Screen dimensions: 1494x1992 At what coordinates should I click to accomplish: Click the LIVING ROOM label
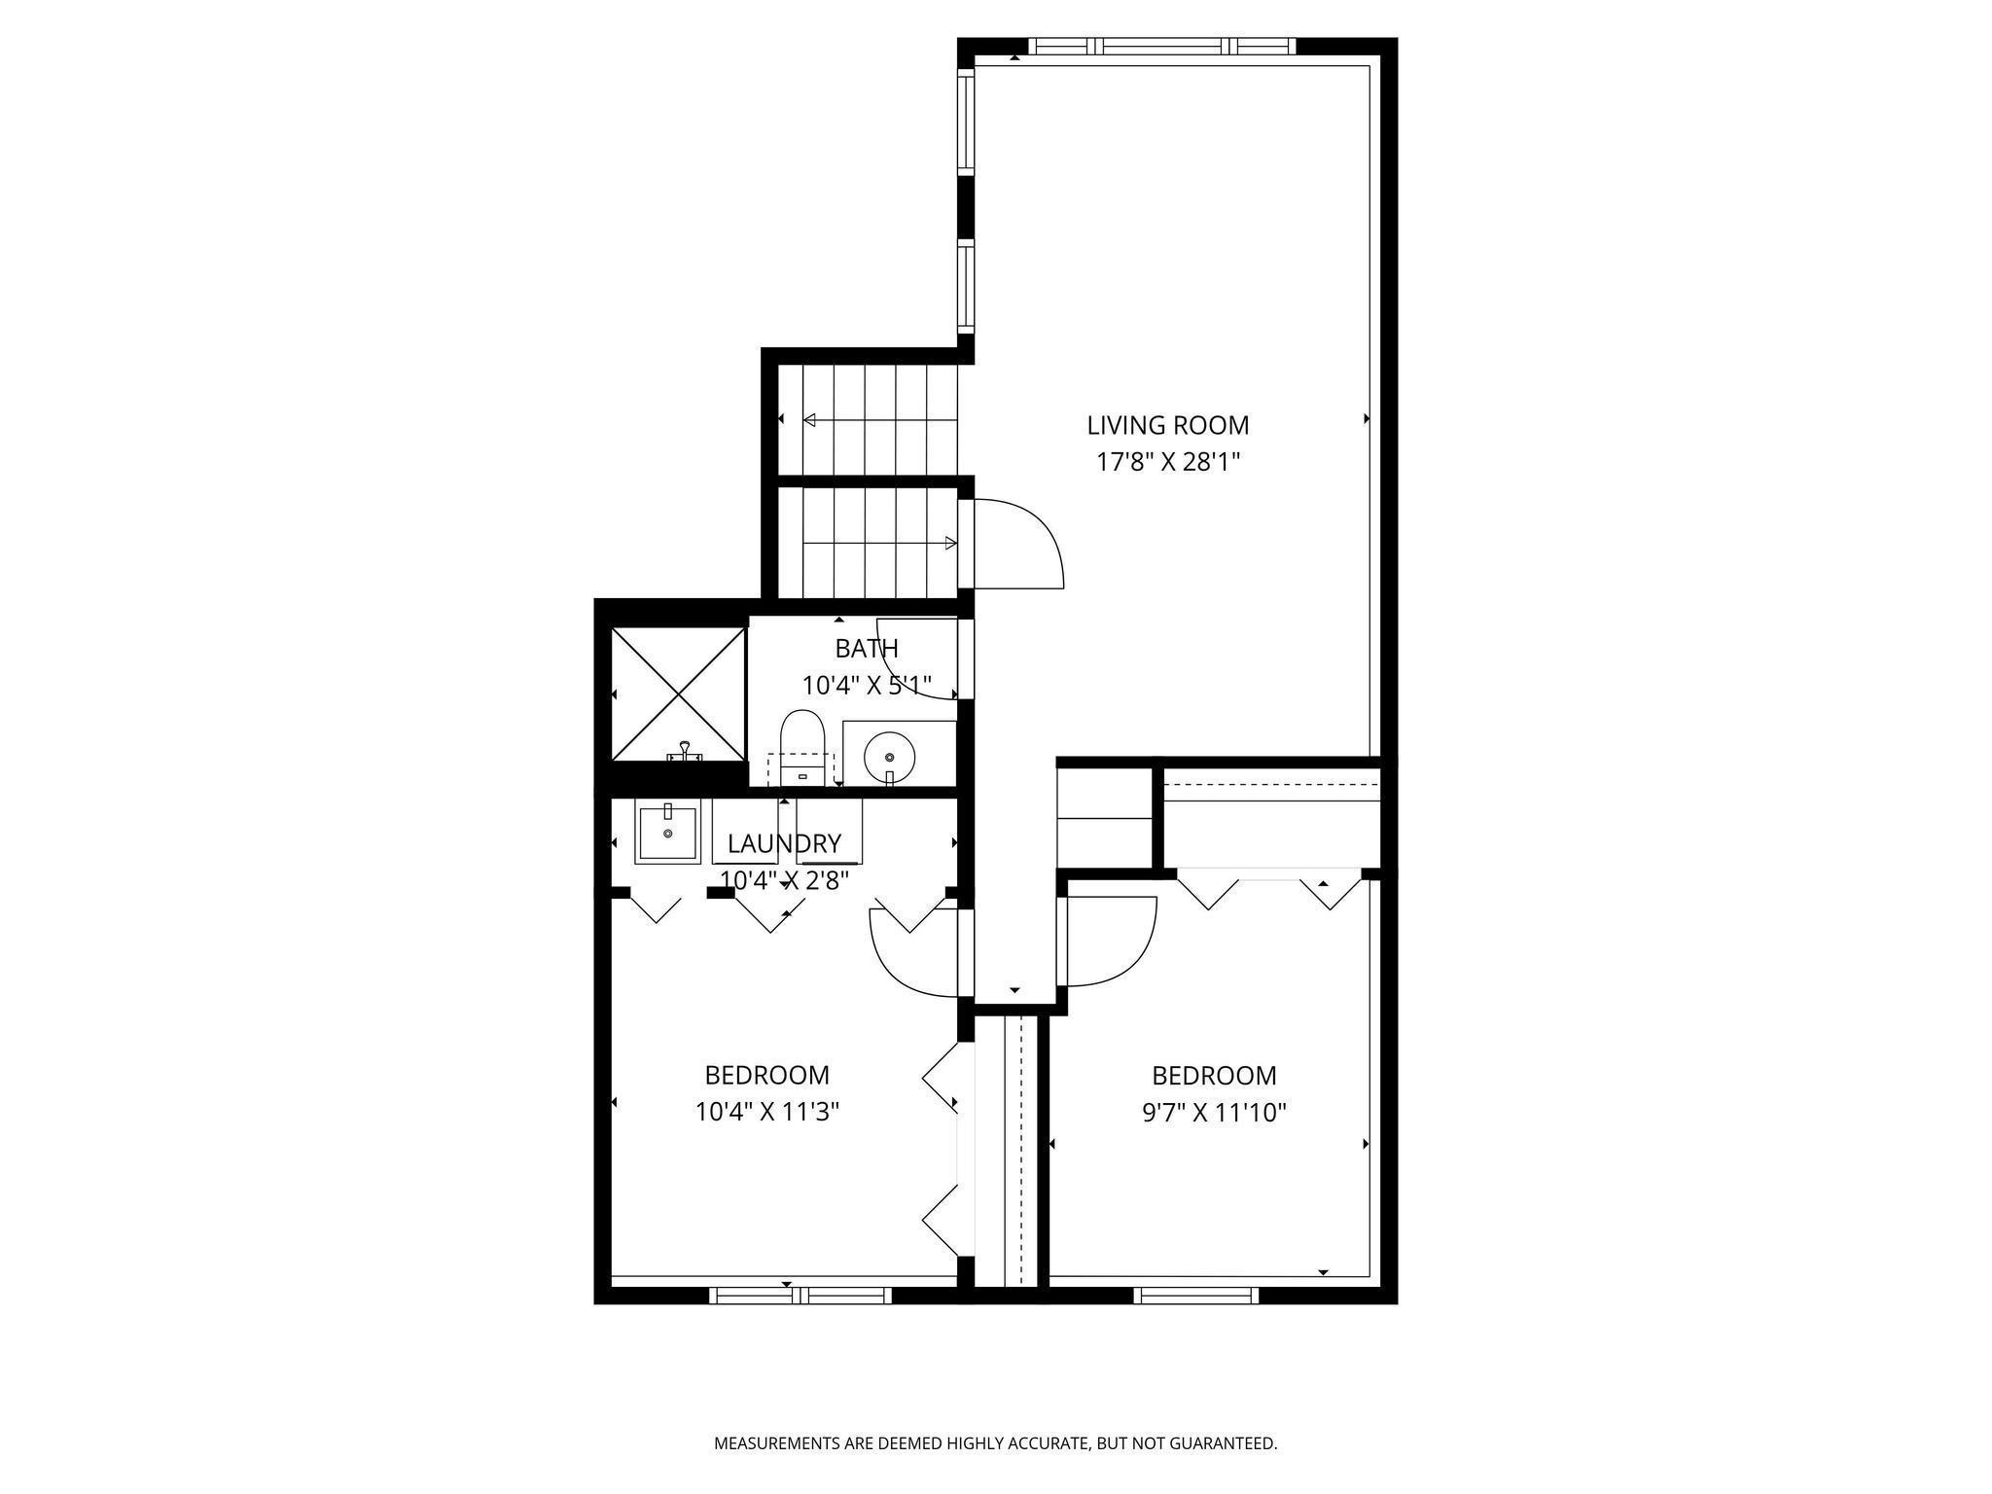click(1167, 425)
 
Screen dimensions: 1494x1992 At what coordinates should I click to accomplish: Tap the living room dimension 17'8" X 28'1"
click(1168, 462)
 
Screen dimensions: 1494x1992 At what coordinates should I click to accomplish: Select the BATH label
click(866, 648)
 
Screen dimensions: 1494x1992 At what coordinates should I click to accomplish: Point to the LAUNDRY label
click(784, 843)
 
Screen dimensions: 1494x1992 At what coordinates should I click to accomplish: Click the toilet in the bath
click(802, 744)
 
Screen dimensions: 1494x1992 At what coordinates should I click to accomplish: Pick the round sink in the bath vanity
click(889, 757)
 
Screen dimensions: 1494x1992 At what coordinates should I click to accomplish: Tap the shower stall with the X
click(677, 694)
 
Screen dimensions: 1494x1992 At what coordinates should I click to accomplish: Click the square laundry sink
click(667, 833)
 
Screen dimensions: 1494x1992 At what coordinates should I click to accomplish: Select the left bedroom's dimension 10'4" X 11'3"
click(766, 1111)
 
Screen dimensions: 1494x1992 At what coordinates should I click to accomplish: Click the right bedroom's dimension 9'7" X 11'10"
click(1214, 1112)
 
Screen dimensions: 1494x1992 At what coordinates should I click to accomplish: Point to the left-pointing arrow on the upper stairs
click(810, 420)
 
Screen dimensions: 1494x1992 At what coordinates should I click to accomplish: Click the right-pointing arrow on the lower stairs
click(950, 543)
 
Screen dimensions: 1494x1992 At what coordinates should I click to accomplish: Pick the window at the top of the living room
click(1162, 46)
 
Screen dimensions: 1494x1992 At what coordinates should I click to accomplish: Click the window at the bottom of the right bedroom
click(1195, 1295)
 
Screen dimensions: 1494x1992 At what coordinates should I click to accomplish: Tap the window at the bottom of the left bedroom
click(800, 1295)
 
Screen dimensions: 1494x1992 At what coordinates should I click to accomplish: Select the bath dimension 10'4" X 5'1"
click(866, 686)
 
